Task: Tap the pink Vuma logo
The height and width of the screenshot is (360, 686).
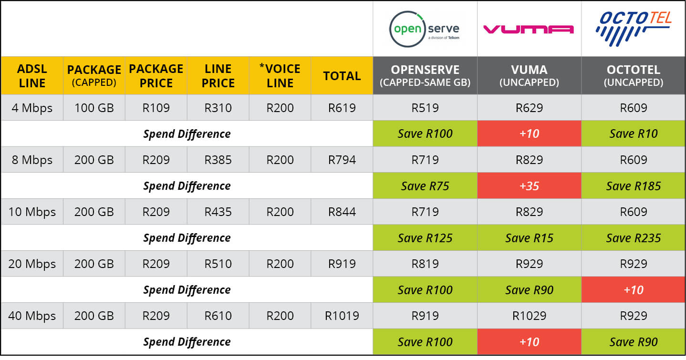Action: pyautogui.click(x=529, y=30)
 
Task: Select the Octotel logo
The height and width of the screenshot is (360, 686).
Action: pyautogui.click(x=633, y=29)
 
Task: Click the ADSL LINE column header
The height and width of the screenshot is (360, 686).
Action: pyautogui.click(x=32, y=76)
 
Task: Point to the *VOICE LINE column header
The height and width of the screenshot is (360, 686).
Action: pyautogui.click(x=280, y=76)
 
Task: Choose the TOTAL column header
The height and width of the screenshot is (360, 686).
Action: pyautogui.click(x=342, y=76)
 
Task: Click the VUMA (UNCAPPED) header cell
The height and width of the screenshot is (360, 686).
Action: pyautogui.click(x=529, y=76)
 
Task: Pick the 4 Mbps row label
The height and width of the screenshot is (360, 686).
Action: pyautogui.click(x=32, y=108)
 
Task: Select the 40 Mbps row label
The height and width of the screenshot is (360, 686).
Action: pyautogui.click(x=32, y=316)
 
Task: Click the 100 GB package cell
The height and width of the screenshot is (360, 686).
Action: pyautogui.click(x=94, y=108)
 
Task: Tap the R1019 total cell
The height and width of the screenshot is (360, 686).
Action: pyautogui.click(x=342, y=316)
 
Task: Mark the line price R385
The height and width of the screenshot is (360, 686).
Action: pyautogui.click(x=218, y=160)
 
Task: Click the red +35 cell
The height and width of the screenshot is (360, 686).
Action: pyautogui.click(x=529, y=185)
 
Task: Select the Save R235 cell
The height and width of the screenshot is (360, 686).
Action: pyautogui.click(x=633, y=237)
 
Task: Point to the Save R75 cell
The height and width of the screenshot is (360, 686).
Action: pyautogui.click(x=425, y=185)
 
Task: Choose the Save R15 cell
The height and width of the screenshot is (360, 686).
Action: pyautogui.click(x=529, y=237)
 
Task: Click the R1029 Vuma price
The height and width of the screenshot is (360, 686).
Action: pyautogui.click(x=529, y=316)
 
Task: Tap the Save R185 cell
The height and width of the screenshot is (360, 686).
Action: pyautogui.click(x=633, y=185)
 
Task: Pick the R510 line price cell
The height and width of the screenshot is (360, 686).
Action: pyautogui.click(x=218, y=264)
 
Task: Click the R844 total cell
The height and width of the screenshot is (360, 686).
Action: pyautogui.click(x=342, y=212)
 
